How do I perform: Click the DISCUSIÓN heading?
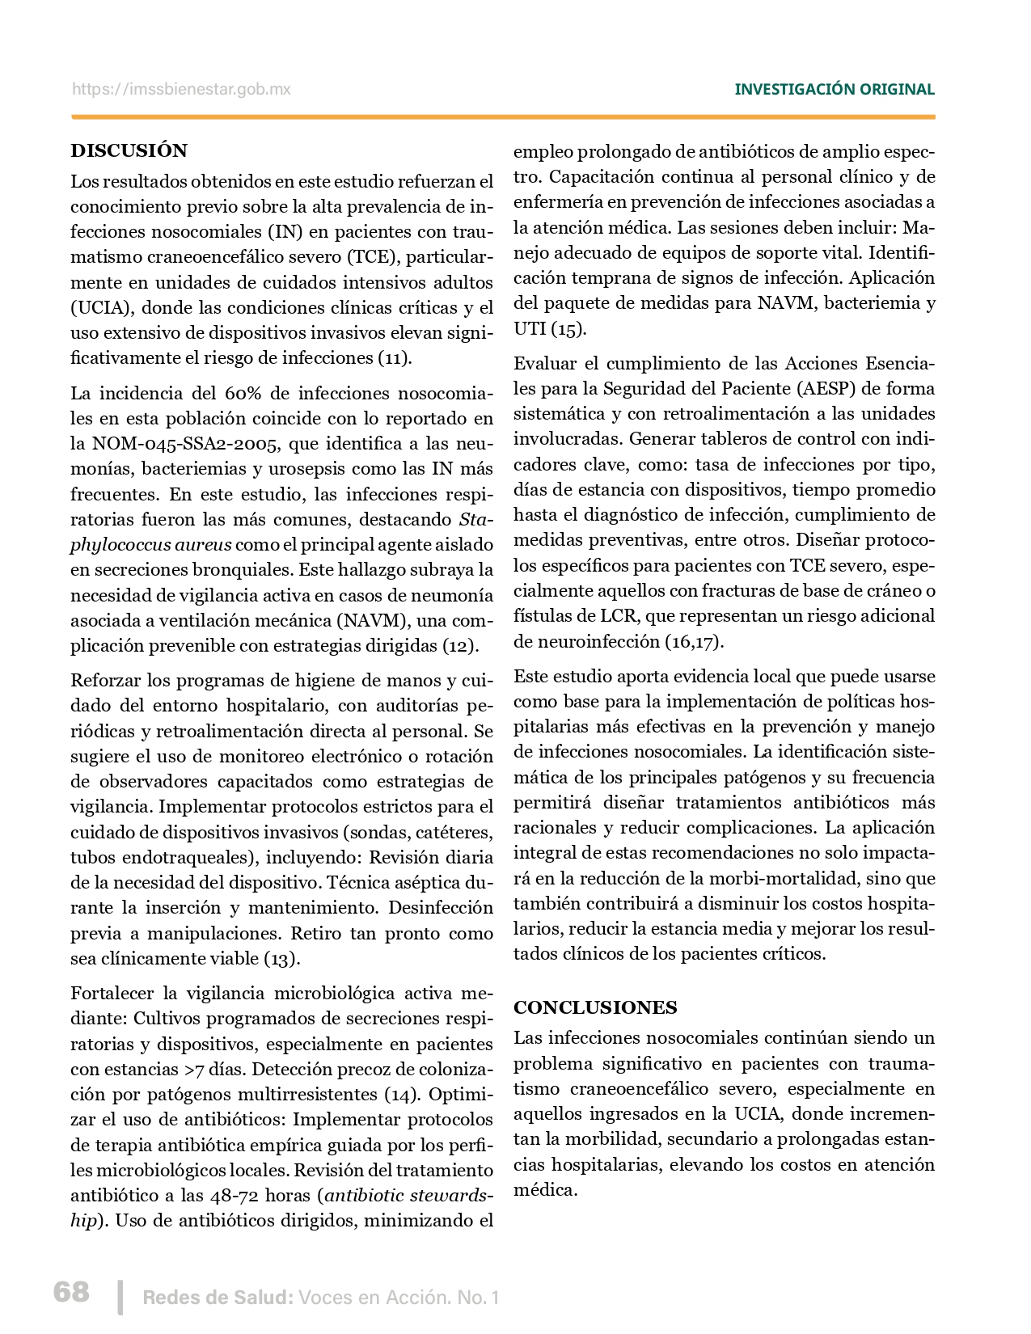point(129,150)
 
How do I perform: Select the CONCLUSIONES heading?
point(595,1007)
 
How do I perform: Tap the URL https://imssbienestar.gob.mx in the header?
point(181,90)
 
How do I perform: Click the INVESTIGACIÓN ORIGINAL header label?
point(834,90)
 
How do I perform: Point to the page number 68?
point(71,1291)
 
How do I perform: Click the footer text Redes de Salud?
point(218,1298)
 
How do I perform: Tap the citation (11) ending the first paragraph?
point(395,357)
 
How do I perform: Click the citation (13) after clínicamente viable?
point(282,958)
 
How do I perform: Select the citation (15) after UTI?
point(569,328)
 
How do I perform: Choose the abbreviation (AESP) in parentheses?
point(826,388)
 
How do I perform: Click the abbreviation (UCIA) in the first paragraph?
point(97,307)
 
